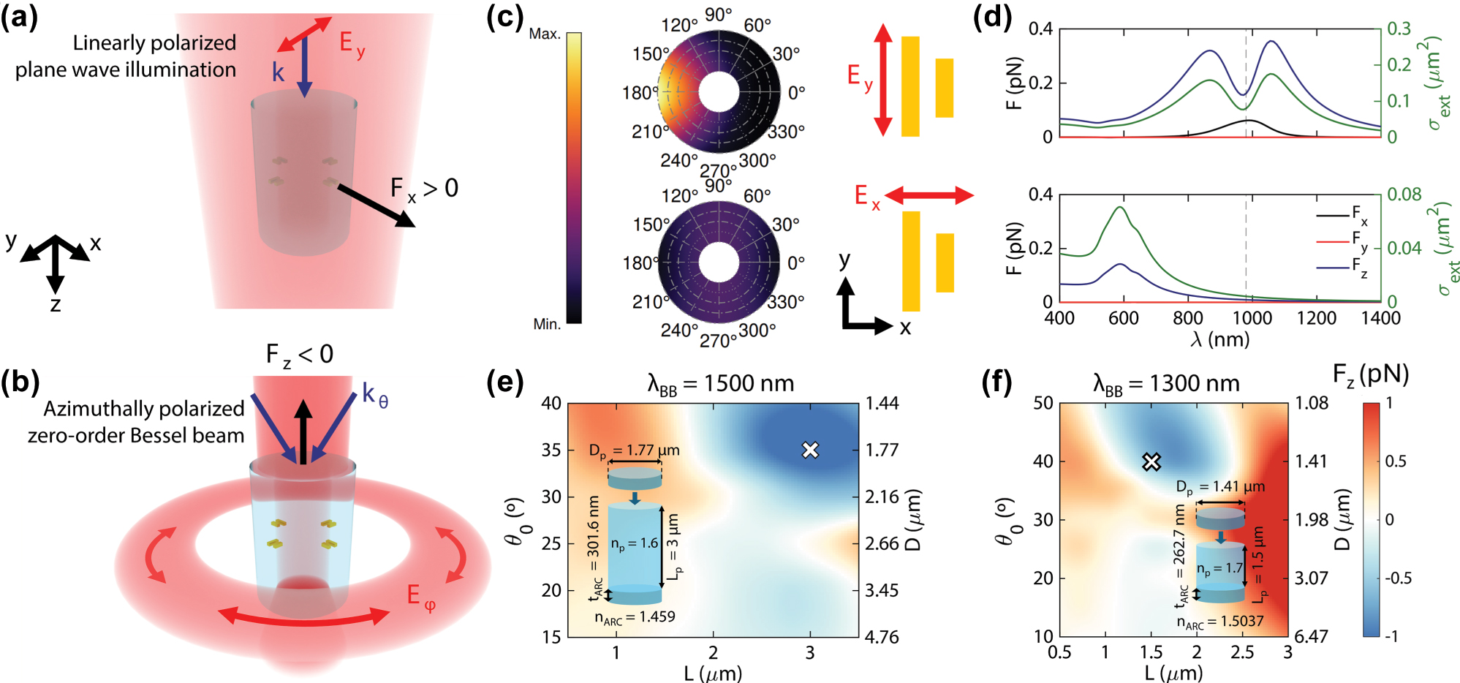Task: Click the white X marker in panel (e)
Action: click(x=809, y=450)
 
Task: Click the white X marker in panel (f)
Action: click(x=1151, y=461)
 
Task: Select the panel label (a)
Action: click(x=20, y=17)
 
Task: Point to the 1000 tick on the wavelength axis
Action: click(x=1252, y=318)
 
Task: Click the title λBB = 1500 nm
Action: click(x=720, y=383)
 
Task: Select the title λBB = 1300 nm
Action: click(x=1166, y=383)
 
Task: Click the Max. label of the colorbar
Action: click(x=545, y=34)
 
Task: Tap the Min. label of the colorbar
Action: click(x=547, y=324)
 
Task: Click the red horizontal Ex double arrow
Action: click(x=929, y=195)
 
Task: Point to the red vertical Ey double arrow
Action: click(x=883, y=80)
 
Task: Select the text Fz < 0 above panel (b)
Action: click(x=299, y=355)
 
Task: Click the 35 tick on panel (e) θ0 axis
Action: click(x=551, y=450)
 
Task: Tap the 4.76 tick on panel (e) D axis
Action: click(x=882, y=637)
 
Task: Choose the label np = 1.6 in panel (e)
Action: click(x=635, y=543)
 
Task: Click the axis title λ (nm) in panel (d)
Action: click(x=1219, y=339)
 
